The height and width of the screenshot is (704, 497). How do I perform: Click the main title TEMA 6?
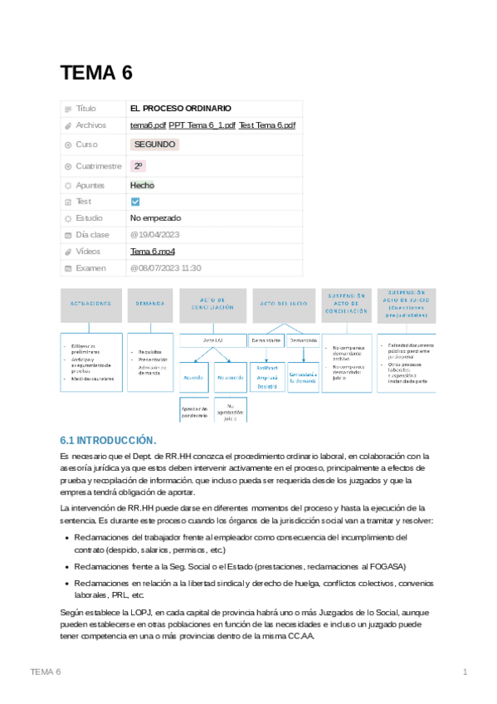click(96, 73)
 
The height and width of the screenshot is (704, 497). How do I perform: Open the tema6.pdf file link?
click(148, 125)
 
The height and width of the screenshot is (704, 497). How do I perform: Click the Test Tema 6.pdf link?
click(266, 125)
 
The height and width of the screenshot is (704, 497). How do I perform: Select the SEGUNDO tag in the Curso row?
click(154, 144)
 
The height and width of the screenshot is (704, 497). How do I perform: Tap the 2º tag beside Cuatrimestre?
click(138, 165)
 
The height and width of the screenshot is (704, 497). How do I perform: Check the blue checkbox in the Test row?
click(136, 202)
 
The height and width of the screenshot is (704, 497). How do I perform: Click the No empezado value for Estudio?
click(155, 218)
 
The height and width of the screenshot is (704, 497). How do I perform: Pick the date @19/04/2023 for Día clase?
click(154, 235)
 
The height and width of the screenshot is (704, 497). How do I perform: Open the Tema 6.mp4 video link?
click(153, 252)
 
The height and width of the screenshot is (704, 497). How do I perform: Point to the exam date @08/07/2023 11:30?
click(166, 268)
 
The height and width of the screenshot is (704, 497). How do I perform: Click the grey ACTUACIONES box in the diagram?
click(91, 305)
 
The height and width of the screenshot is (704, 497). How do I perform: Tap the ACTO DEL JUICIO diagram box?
click(284, 305)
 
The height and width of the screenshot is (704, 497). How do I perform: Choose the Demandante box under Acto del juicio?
click(266, 340)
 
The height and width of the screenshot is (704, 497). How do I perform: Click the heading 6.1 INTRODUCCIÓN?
click(108, 439)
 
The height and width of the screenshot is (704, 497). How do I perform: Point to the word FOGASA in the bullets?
click(387, 566)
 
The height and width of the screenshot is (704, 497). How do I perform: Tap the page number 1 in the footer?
click(465, 671)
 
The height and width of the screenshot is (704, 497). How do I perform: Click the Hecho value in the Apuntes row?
click(142, 185)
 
